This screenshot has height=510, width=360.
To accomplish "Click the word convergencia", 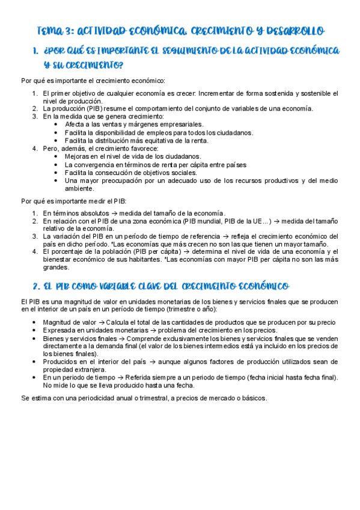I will point(97,164).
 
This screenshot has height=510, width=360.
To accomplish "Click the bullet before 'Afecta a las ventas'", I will point(55,124).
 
